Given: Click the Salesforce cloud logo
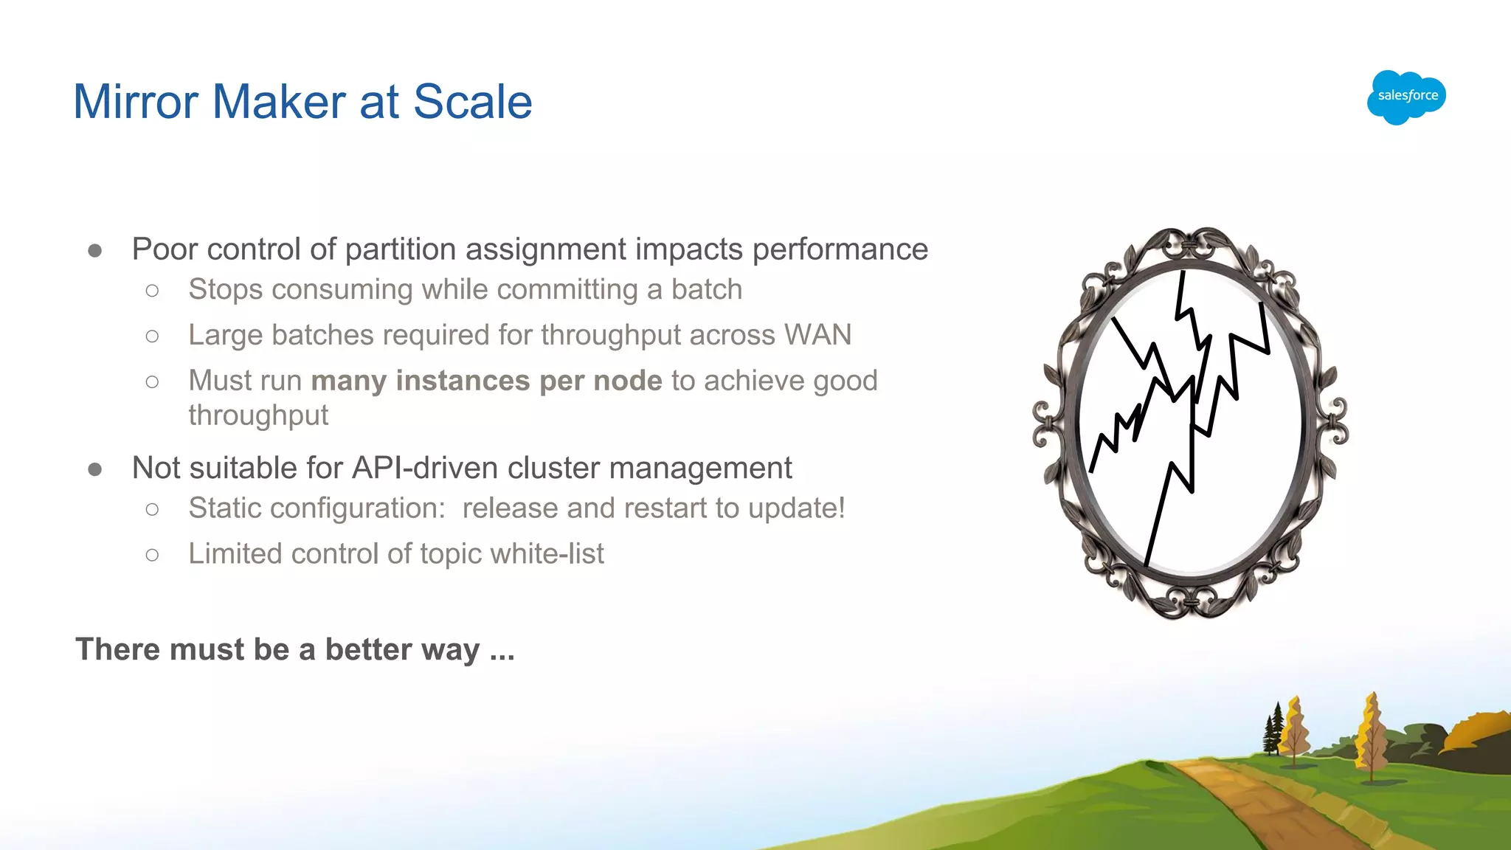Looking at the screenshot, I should (1406, 97).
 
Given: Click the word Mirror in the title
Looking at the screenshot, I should (136, 102).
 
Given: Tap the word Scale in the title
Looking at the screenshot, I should (472, 102).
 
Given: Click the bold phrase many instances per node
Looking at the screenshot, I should (486, 381).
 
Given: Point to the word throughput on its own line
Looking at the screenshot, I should (258, 415).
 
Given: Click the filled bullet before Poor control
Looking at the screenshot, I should (94, 251).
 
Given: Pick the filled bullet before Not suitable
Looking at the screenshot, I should (94, 469).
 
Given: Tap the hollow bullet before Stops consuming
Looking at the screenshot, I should (152, 291).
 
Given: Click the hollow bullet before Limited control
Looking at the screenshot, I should (152, 555).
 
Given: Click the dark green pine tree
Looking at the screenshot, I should (1274, 730).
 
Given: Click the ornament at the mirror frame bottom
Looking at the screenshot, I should (1190, 603).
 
